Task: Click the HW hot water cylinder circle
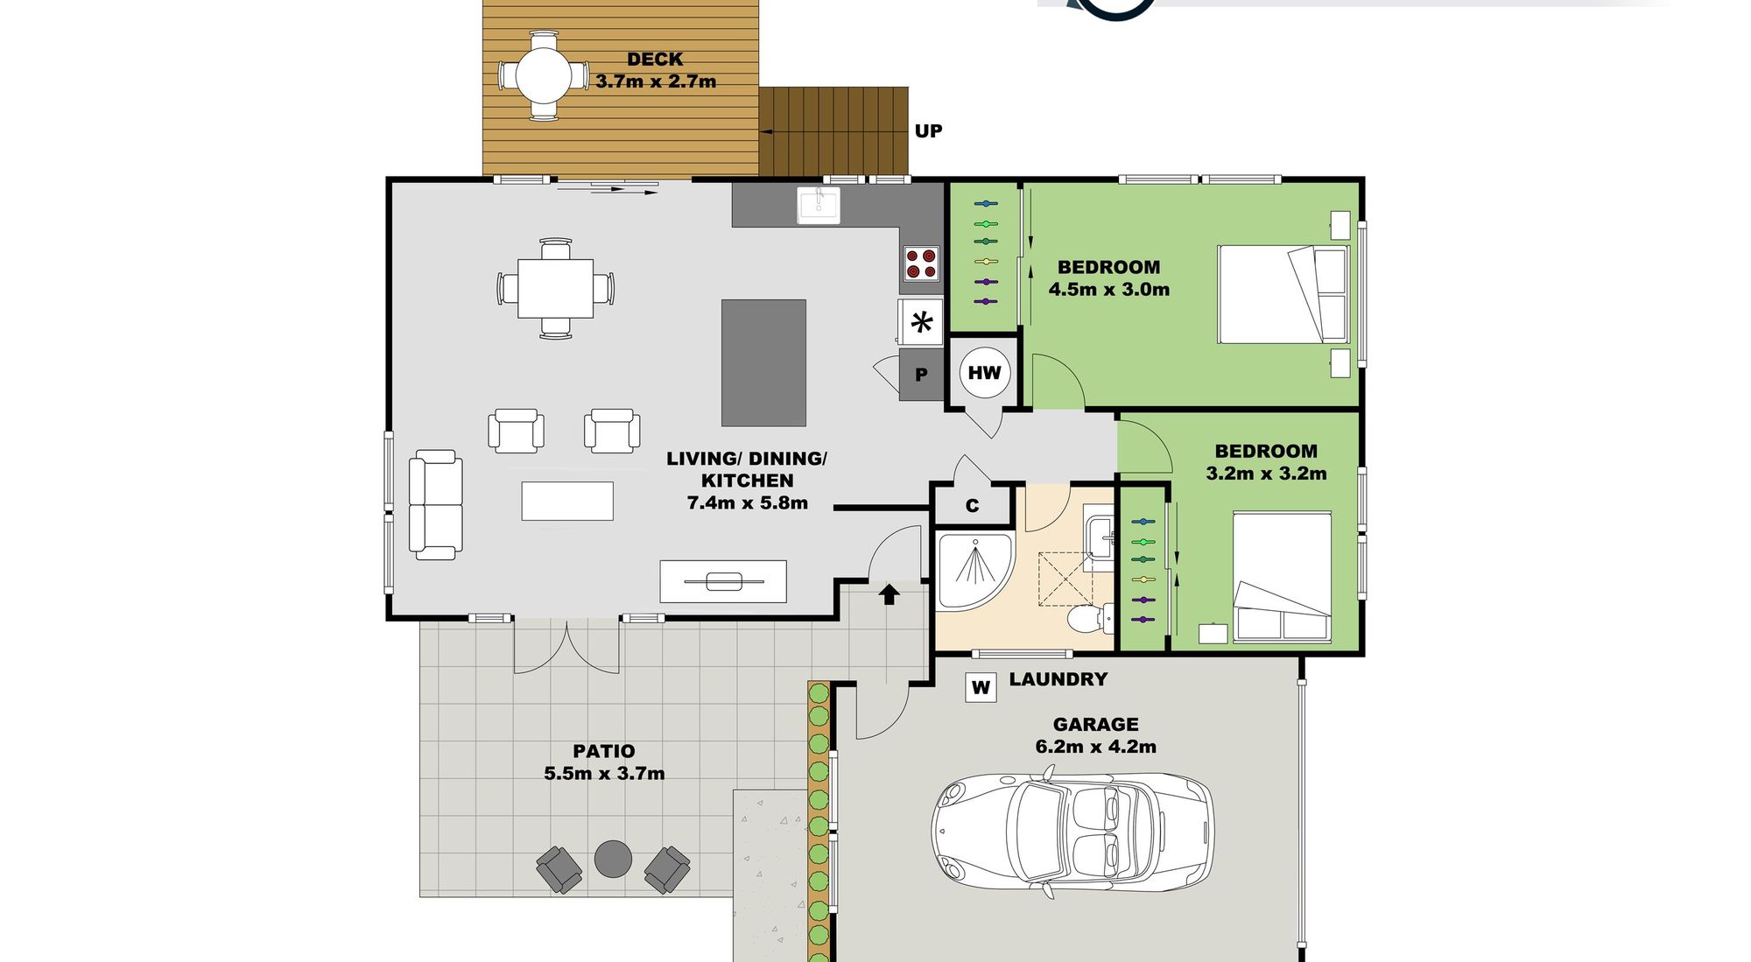(985, 373)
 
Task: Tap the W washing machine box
(981, 687)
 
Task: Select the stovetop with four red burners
(921, 263)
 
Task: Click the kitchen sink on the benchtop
(819, 205)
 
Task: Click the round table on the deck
(543, 75)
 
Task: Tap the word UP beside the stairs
(928, 131)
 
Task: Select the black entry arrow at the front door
(889, 594)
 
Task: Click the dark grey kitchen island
(763, 362)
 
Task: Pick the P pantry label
(921, 375)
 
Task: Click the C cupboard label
(972, 506)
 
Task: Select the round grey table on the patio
(613, 859)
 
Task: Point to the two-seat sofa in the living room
(436, 505)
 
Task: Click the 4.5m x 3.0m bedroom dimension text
(1109, 290)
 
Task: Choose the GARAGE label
(1095, 725)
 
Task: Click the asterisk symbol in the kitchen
(921, 323)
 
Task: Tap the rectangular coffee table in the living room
(567, 501)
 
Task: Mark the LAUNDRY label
(1058, 679)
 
